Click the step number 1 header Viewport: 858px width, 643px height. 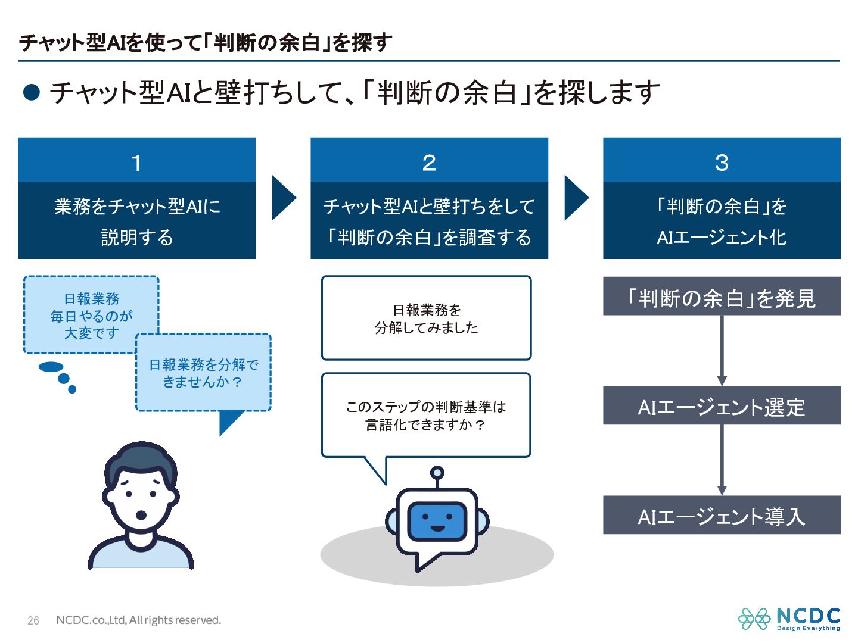[x=136, y=162]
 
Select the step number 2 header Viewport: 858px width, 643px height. [x=429, y=162]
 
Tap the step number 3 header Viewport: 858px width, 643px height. [x=722, y=162]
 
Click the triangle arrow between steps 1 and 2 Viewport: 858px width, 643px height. [x=282, y=198]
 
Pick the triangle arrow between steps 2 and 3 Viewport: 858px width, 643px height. [x=575, y=198]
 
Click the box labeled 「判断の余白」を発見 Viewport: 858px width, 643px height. [x=722, y=296]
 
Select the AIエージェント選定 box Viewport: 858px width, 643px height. [x=722, y=406]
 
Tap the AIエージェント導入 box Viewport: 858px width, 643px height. [x=722, y=515]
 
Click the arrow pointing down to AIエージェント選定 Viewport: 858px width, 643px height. [x=722, y=351]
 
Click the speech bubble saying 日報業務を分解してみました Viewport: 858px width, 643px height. [x=426, y=318]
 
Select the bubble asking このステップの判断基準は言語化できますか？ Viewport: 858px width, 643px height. [x=426, y=415]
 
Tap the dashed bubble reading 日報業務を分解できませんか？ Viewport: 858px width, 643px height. [x=203, y=373]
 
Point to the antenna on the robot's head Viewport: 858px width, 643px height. [x=437, y=474]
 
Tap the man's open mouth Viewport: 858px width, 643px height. [x=141, y=514]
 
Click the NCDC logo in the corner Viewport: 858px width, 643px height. [x=789, y=619]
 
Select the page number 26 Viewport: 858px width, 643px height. [x=33, y=620]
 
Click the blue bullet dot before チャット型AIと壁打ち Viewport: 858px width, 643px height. [x=32, y=92]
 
